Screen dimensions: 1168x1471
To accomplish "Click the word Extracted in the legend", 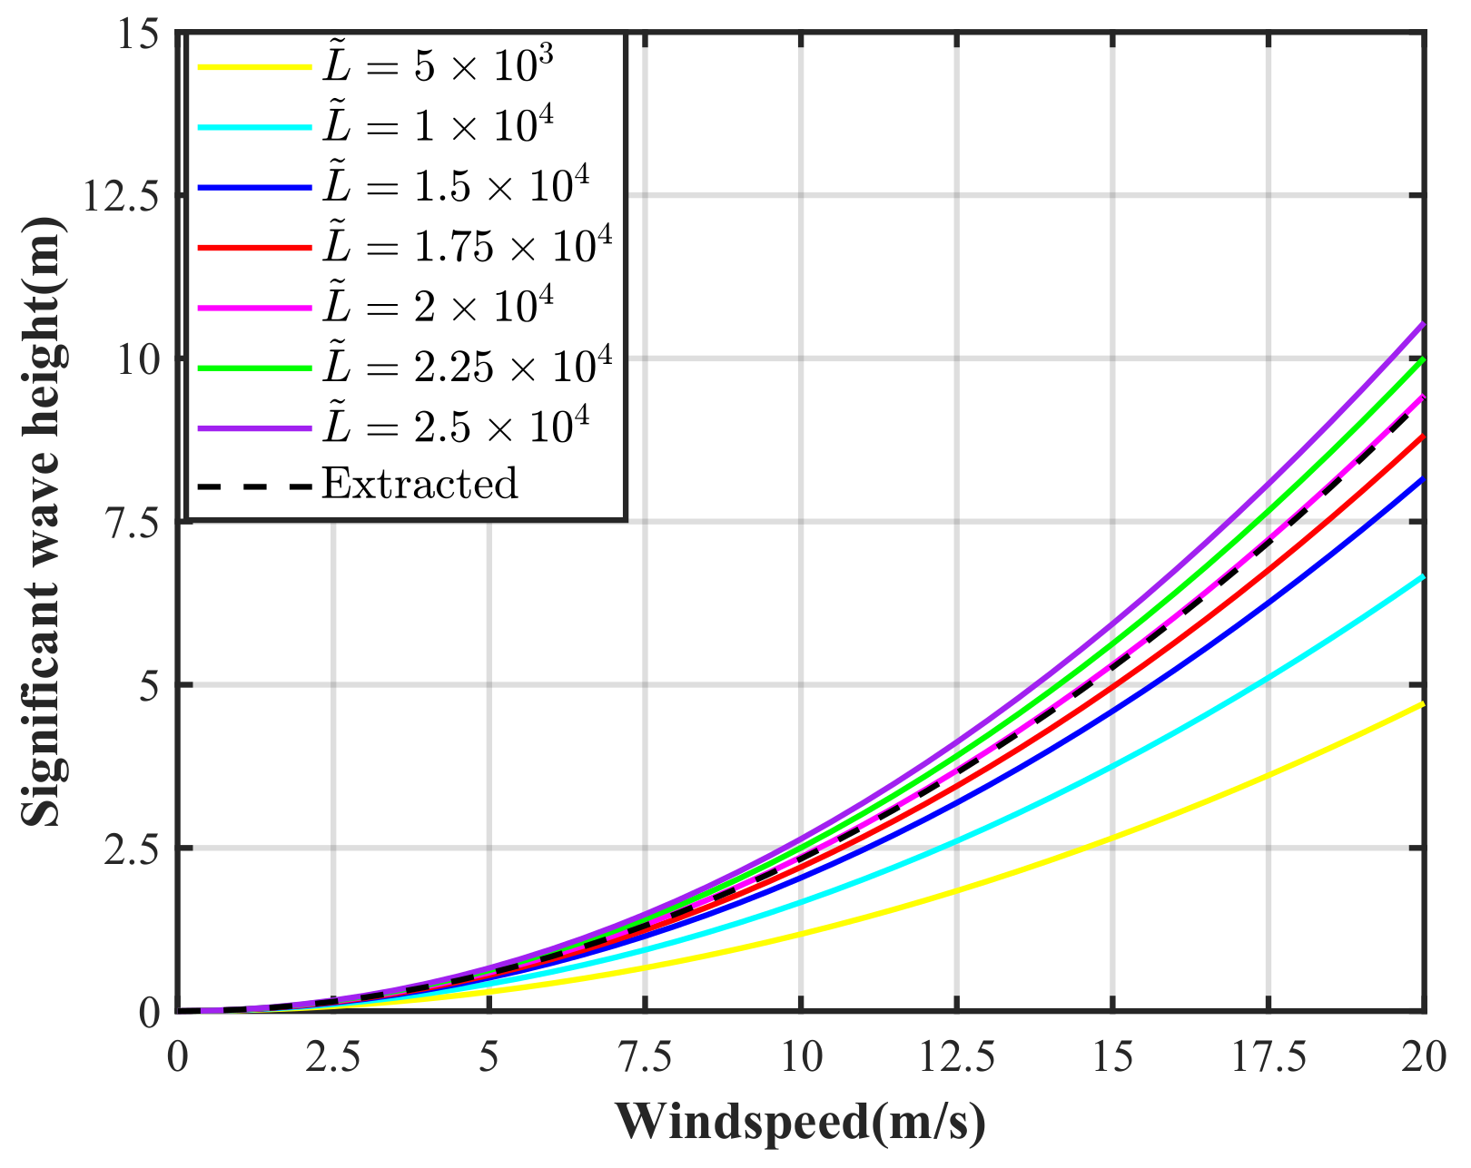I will tap(420, 484).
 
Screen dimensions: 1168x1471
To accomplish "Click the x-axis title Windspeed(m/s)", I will tap(801, 1122).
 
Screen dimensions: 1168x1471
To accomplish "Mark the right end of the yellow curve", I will tap(1422, 703).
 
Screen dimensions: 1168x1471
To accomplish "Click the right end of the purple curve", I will tap(1422, 324).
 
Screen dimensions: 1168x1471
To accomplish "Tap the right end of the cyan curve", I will tap(1422, 576).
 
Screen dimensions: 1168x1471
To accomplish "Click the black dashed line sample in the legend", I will tap(254, 486).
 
